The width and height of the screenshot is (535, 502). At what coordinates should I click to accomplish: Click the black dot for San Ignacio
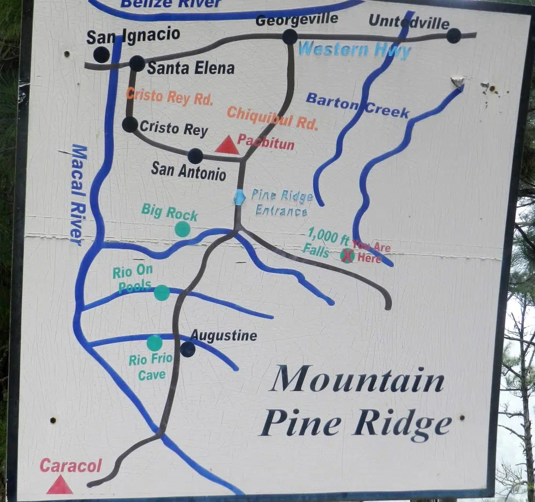click(101, 54)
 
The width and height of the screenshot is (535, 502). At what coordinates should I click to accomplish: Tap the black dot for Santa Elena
click(137, 63)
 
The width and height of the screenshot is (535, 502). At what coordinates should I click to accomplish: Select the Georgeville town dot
click(289, 37)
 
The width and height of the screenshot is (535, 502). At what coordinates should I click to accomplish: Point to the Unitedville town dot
click(453, 36)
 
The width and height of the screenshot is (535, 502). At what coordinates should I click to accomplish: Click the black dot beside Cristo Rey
click(130, 125)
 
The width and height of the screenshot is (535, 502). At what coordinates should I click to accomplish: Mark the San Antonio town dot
click(195, 156)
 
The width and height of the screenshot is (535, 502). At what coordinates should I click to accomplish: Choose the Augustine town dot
click(188, 349)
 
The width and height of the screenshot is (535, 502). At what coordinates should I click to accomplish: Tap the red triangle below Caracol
click(59, 486)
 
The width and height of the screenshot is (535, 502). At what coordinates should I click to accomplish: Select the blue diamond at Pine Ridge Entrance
click(239, 197)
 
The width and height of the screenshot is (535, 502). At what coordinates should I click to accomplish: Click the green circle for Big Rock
click(182, 229)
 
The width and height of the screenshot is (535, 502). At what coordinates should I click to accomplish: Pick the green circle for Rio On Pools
click(162, 293)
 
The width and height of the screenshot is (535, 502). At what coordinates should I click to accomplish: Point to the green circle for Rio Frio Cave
click(154, 343)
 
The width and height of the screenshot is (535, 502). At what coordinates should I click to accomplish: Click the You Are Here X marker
click(347, 255)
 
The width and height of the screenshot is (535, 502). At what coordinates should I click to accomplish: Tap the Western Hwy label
click(354, 50)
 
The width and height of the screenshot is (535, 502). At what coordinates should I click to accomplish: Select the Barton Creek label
click(357, 105)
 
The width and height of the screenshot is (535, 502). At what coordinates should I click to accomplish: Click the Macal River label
click(77, 195)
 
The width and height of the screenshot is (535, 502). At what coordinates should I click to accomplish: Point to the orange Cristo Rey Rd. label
click(170, 97)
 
